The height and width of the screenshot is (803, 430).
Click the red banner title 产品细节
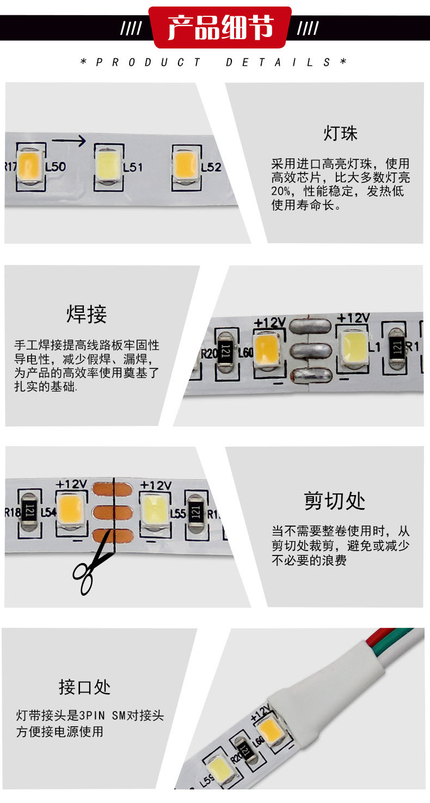220,27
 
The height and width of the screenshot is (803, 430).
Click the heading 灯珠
340,133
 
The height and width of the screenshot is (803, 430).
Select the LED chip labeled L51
109,166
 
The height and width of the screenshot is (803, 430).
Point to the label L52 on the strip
211,167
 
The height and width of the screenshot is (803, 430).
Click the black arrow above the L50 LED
69,140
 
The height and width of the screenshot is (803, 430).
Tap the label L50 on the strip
56,166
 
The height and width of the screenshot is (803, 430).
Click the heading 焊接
87,314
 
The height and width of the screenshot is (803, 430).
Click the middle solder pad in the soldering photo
310,351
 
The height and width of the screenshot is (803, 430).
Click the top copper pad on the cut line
113,490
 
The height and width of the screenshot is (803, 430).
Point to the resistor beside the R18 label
30,511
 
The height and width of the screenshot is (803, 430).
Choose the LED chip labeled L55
154,510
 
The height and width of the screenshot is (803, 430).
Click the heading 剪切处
334,501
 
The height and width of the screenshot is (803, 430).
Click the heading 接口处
84,687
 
